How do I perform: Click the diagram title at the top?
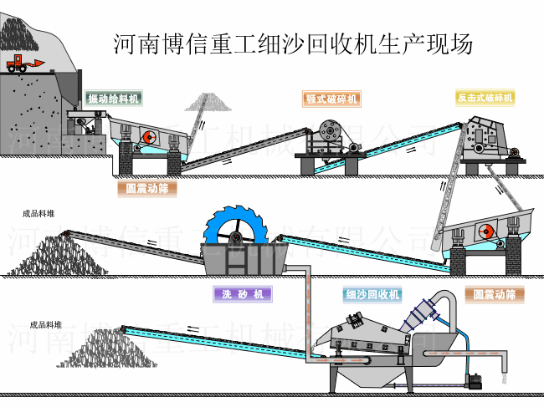tap(293, 43)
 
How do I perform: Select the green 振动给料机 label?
tap(114, 99)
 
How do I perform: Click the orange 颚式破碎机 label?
tap(331, 99)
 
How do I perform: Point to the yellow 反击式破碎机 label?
tap(485, 98)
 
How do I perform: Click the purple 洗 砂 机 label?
tap(244, 294)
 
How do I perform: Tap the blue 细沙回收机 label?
tap(372, 294)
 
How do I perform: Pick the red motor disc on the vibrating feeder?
tap(146, 137)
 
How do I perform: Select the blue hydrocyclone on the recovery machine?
tap(422, 315)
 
